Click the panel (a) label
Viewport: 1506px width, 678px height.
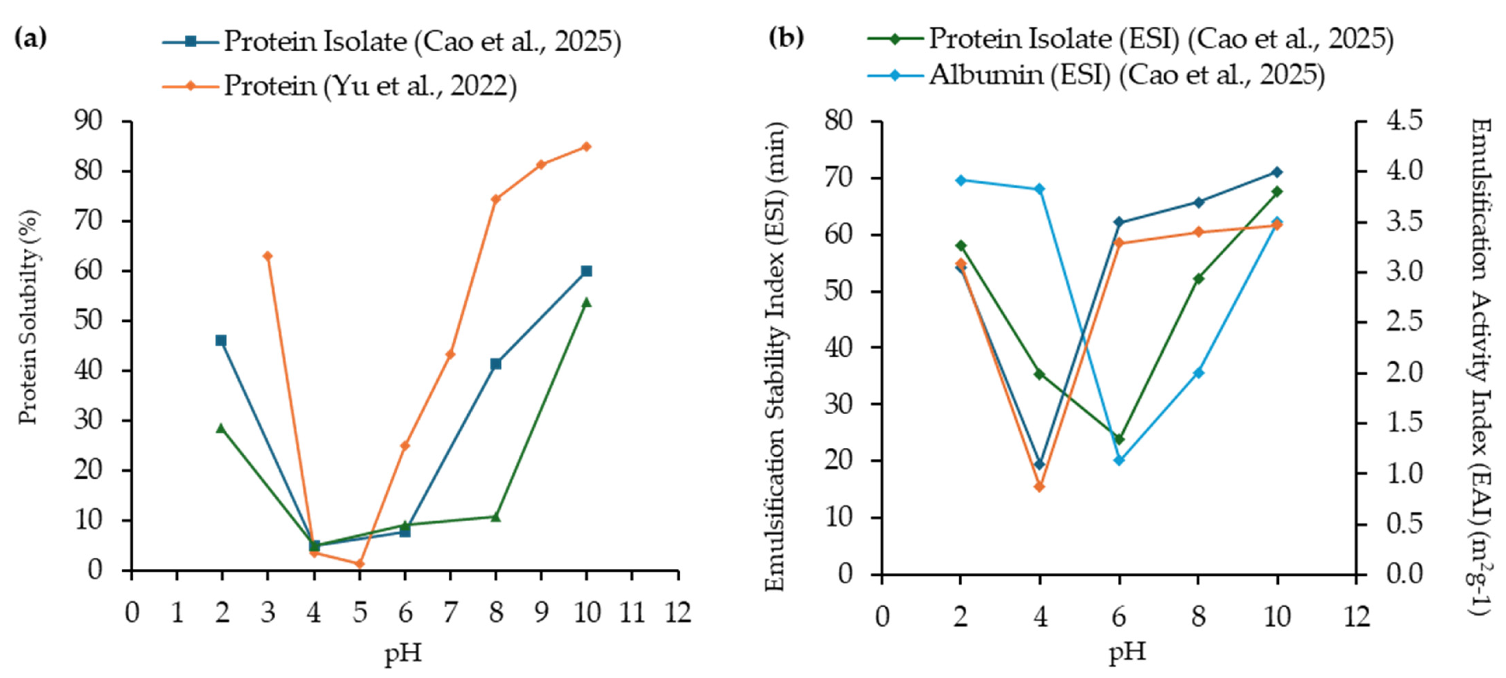point(30,39)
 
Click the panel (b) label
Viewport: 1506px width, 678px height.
point(786,39)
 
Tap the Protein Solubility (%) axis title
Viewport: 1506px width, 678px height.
point(28,317)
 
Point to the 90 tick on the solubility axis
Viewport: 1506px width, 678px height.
point(88,121)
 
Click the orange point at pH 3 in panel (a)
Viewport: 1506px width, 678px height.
point(268,256)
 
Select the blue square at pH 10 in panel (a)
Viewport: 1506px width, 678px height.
point(586,271)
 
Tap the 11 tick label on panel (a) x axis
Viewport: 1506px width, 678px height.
point(632,612)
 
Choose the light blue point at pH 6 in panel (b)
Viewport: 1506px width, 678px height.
point(1119,461)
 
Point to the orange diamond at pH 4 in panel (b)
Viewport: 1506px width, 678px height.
point(1039,486)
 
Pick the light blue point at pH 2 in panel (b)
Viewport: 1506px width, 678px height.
point(960,180)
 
